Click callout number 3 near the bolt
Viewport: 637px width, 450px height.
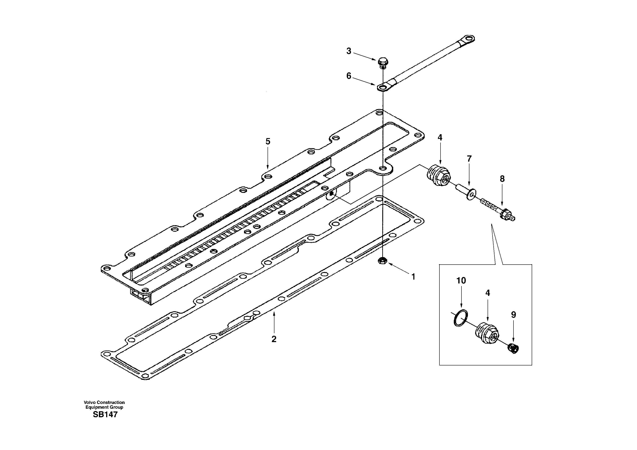pos(349,51)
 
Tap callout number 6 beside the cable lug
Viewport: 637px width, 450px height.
pos(349,76)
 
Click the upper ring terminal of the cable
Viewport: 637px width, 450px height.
pos(469,38)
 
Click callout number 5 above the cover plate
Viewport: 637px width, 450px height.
pos(268,142)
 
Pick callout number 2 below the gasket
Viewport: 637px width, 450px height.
pos(274,339)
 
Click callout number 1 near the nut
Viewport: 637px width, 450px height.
pos(413,277)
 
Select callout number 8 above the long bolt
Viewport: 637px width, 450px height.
pos(502,179)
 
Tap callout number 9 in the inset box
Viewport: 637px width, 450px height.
pos(513,315)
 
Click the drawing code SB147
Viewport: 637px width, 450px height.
pos(105,415)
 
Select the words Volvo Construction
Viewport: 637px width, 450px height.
pos(104,402)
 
